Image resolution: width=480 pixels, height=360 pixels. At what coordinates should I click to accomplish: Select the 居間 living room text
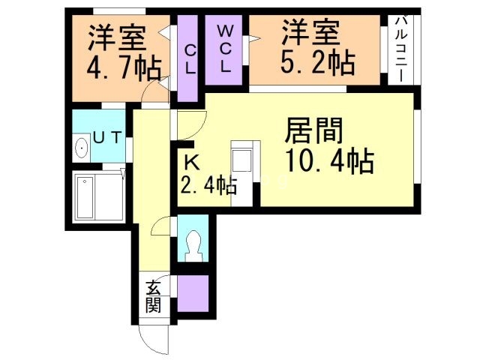pos(313,132)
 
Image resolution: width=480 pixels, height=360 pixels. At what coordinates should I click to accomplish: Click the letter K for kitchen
pos(192,160)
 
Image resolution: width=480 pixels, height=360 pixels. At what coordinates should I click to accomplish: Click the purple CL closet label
pos(190,61)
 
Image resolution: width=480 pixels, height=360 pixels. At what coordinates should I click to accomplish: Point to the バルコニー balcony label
pos(400,50)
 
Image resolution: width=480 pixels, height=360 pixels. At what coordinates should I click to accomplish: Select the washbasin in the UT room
pos(81,148)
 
